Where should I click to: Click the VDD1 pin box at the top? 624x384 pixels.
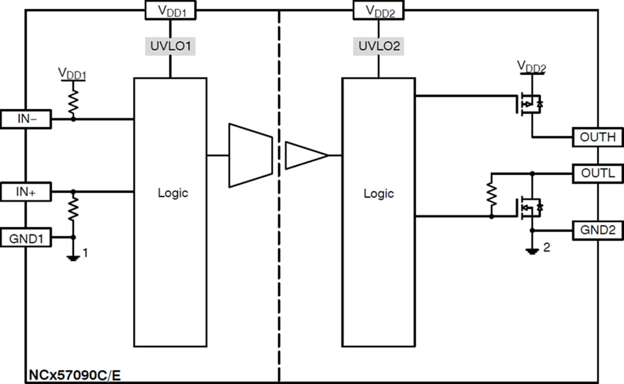[x=169, y=10]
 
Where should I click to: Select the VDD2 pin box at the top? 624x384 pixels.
[x=378, y=10]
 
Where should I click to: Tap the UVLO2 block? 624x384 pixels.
[x=379, y=46]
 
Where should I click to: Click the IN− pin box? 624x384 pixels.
[x=26, y=119]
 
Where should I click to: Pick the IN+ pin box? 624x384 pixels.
[x=26, y=191]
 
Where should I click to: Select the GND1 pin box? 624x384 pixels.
[x=26, y=237]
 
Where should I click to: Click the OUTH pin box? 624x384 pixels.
[x=597, y=137]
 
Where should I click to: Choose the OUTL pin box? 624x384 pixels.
[x=597, y=173]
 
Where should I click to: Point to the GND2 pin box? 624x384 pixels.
[x=597, y=230]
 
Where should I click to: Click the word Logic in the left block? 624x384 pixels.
[x=173, y=193]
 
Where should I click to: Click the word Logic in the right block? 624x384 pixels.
[x=378, y=193]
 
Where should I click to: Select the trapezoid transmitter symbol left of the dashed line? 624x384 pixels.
[x=250, y=155]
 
